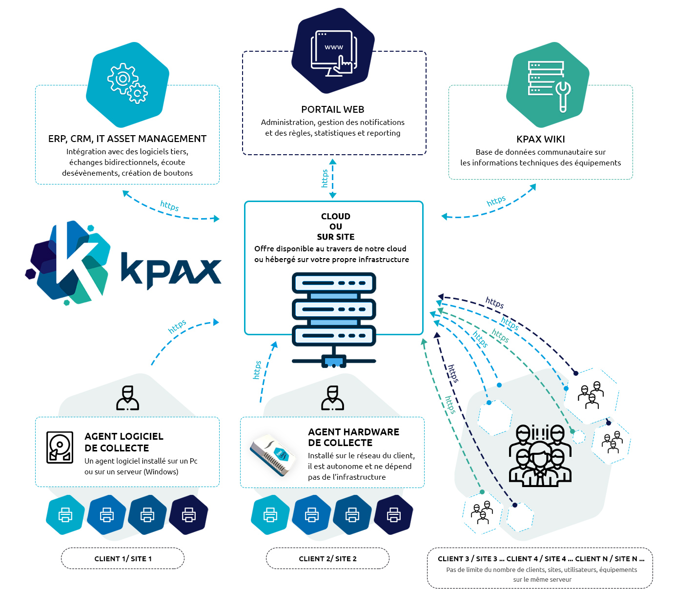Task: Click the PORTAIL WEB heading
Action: (332, 109)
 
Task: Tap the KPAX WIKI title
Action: (541, 139)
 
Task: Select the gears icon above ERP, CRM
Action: (127, 83)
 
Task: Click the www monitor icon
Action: (334, 53)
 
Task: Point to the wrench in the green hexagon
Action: (563, 96)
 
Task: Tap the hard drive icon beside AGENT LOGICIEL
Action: (60, 448)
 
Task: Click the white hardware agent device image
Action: (272, 455)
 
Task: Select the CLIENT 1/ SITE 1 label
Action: (123, 559)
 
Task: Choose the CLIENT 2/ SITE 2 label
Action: (327, 559)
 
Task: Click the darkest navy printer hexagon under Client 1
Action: (188, 514)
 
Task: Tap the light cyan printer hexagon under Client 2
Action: (270, 514)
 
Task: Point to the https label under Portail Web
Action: (325, 178)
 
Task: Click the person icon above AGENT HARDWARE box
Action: (332, 398)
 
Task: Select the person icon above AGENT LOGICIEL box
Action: (127, 398)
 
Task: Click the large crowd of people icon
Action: (540, 456)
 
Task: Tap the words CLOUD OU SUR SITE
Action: (335, 226)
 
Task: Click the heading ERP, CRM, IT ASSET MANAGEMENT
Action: (127, 139)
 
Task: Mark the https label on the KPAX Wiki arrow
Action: (496, 201)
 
